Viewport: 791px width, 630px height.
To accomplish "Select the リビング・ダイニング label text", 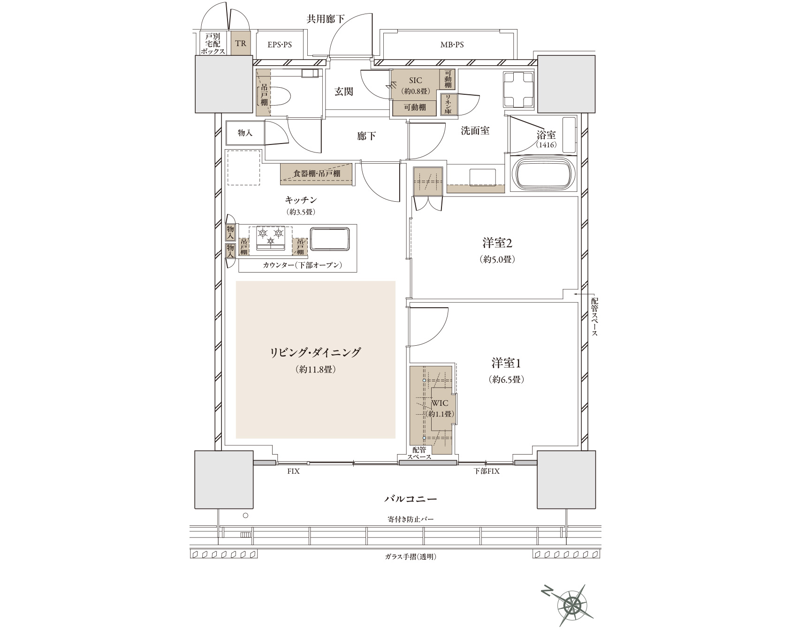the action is (315, 352).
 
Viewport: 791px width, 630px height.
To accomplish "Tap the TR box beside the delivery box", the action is (241, 44).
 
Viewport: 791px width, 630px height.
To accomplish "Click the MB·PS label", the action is (452, 45).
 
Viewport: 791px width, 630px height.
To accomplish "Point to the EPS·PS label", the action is (280, 45).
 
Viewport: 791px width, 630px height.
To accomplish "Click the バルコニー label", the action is (411, 499).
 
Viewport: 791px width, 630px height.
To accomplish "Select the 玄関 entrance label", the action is (344, 91).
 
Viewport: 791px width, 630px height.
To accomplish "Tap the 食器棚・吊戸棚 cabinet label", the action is (317, 174).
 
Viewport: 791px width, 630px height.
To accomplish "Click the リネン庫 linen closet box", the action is (449, 104).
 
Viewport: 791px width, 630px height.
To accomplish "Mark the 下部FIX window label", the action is (486, 471).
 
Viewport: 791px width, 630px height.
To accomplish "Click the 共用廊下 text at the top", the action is (326, 19).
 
